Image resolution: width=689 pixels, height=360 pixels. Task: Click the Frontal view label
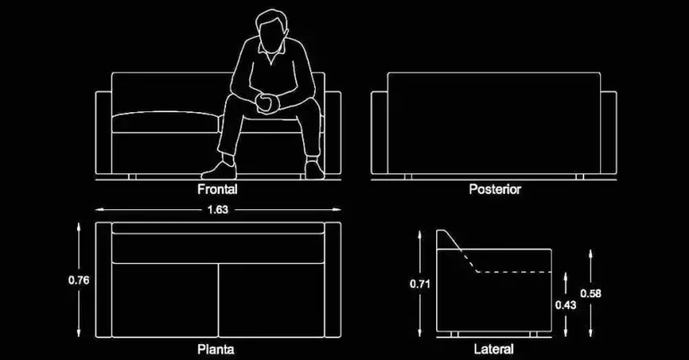pyautogui.click(x=217, y=189)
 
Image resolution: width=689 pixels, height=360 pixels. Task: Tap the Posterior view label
pyautogui.click(x=495, y=189)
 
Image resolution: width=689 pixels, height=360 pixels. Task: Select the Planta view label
pyautogui.click(x=215, y=349)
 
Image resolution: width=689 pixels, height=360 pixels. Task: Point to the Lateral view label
pyautogui.click(x=494, y=349)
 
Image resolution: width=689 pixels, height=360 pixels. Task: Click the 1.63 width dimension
pyautogui.click(x=218, y=210)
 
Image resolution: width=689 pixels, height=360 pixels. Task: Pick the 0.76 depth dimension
pyautogui.click(x=79, y=280)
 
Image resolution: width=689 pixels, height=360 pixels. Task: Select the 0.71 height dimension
pyautogui.click(x=420, y=284)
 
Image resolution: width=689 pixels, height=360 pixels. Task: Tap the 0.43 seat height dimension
pyautogui.click(x=565, y=304)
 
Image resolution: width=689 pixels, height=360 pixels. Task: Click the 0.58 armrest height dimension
pyautogui.click(x=590, y=294)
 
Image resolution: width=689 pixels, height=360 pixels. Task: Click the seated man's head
pyautogui.click(x=272, y=31)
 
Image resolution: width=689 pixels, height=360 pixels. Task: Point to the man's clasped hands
pyautogui.click(x=266, y=104)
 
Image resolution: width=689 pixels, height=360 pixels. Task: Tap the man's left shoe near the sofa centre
pyautogui.click(x=220, y=170)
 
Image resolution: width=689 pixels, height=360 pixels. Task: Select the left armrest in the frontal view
pyautogui.click(x=104, y=132)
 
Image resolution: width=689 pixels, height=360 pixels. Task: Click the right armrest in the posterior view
pyautogui.click(x=608, y=132)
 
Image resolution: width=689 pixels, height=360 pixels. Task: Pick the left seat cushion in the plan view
pyautogui.click(x=165, y=300)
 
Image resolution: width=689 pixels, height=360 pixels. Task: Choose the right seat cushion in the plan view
pyautogui.click(x=271, y=300)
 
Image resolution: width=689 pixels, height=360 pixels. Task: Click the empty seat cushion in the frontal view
pyautogui.click(x=166, y=122)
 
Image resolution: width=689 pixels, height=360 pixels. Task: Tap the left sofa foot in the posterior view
pyautogui.click(x=408, y=176)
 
